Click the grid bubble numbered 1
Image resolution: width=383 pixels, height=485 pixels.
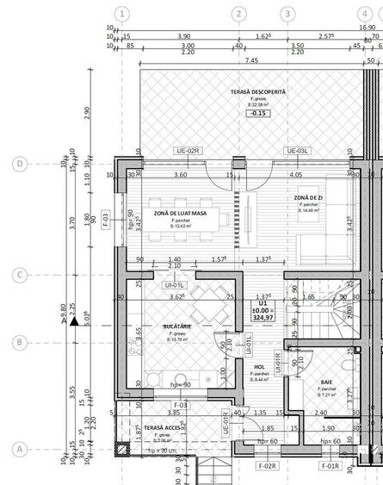pyautogui.click(x=123, y=14)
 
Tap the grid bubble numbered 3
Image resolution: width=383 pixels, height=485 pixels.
pyautogui.click(x=287, y=14)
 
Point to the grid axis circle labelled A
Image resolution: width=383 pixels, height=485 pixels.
pyautogui.click(x=17, y=449)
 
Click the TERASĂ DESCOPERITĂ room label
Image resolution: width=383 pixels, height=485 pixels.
pyautogui.click(x=257, y=91)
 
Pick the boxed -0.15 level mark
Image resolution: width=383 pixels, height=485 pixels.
pyautogui.click(x=257, y=114)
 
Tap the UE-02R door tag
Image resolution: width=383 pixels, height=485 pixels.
pyautogui.click(x=188, y=151)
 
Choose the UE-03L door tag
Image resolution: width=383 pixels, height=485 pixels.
pyautogui.click(x=296, y=151)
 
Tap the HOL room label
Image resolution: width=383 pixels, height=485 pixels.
pyautogui.click(x=259, y=366)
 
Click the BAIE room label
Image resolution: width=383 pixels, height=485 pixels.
pyautogui.click(x=326, y=380)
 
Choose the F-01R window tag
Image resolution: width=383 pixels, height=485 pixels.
pyautogui.click(x=329, y=466)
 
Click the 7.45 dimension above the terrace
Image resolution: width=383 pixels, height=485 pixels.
pyautogui.click(x=251, y=61)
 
